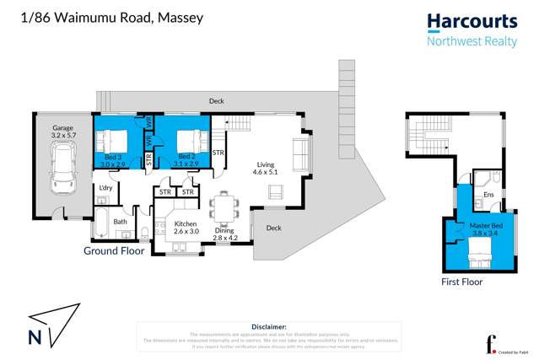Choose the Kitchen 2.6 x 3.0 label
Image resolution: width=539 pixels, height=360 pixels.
click(185, 227)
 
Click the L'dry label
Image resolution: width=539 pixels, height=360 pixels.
click(106, 187)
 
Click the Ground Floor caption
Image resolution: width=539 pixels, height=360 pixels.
click(114, 250)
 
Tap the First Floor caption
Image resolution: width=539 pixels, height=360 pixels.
click(462, 282)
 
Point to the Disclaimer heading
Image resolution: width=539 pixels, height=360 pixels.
click(269, 326)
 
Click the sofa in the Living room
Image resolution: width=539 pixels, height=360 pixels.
click(300, 153)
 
